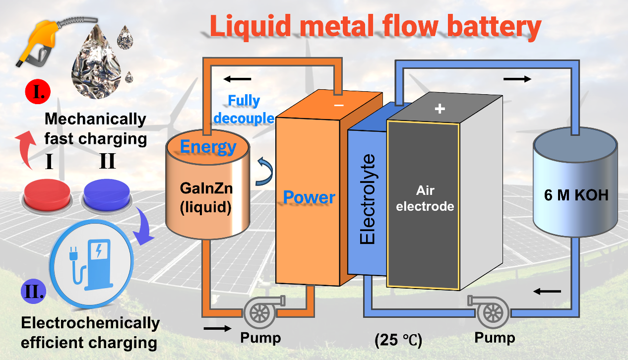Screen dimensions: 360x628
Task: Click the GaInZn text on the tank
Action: tap(205, 189)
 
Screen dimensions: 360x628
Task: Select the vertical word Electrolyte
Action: tap(368, 199)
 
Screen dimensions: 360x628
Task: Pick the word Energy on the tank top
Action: tap(208, 147)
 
